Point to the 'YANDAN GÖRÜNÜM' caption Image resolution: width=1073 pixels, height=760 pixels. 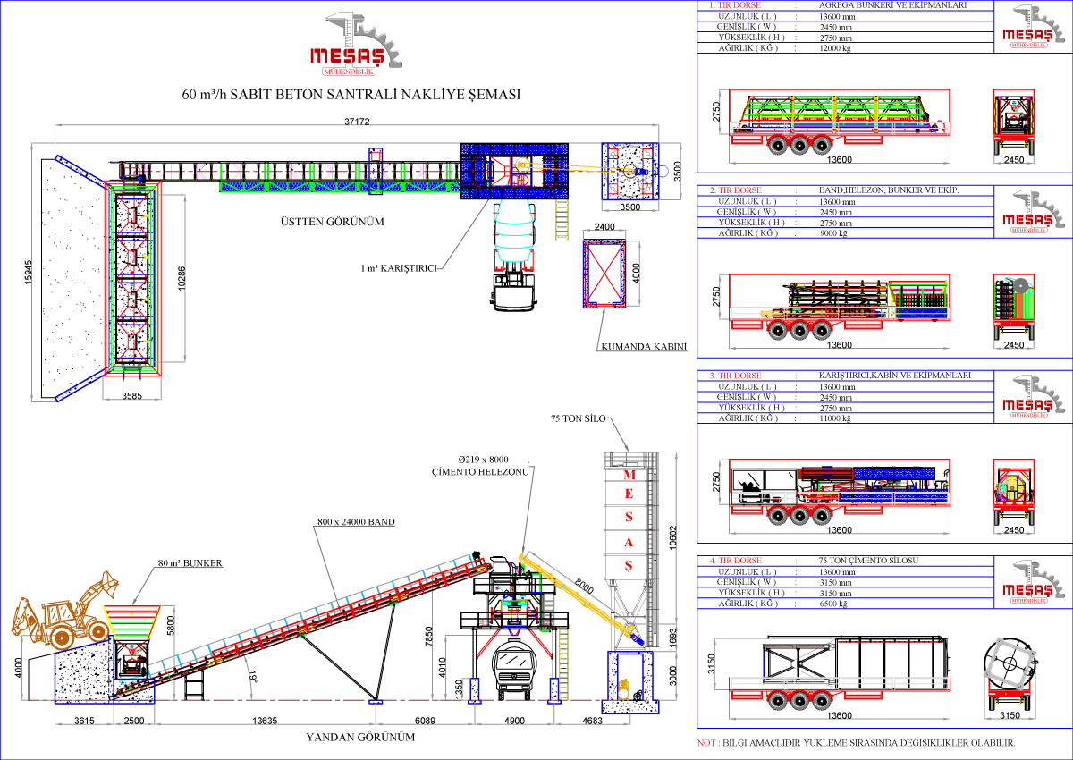[x=361, y=739]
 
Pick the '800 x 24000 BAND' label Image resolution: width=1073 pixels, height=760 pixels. [x=355, y=521]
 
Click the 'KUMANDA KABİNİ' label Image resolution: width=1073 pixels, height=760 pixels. [x=636, y=345]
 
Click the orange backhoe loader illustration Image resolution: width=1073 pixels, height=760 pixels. [x=64, y=612]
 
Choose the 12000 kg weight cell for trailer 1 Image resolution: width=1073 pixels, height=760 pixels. [x=837, y=48]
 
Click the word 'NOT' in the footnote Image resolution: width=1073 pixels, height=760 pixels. [x=705, y=743]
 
